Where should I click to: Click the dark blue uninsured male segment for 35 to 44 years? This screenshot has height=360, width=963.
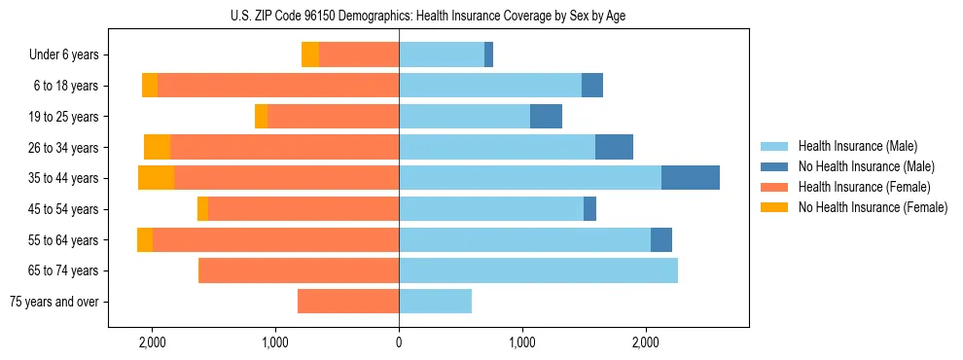tap(690, 178)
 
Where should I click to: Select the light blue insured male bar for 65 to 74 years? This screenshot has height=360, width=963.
tap(538, 270)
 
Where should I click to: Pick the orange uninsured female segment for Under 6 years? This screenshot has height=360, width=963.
tap(309, 54)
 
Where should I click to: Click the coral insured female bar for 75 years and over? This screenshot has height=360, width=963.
tap(347, 302)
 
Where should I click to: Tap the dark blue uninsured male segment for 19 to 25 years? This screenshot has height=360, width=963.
tap(546, 117)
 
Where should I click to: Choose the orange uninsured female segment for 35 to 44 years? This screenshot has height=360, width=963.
tap(156, 178)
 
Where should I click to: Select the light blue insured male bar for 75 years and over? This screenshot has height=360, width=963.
tap(435, 302)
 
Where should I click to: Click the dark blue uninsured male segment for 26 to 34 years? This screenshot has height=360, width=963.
tap(614, 147)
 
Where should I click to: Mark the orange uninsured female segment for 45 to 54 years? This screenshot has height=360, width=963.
tap(202, 209)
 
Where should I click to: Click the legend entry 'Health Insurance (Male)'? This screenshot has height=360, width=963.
tap(857, 146)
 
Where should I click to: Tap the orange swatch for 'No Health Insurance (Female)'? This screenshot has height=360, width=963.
tap(774, 207)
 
